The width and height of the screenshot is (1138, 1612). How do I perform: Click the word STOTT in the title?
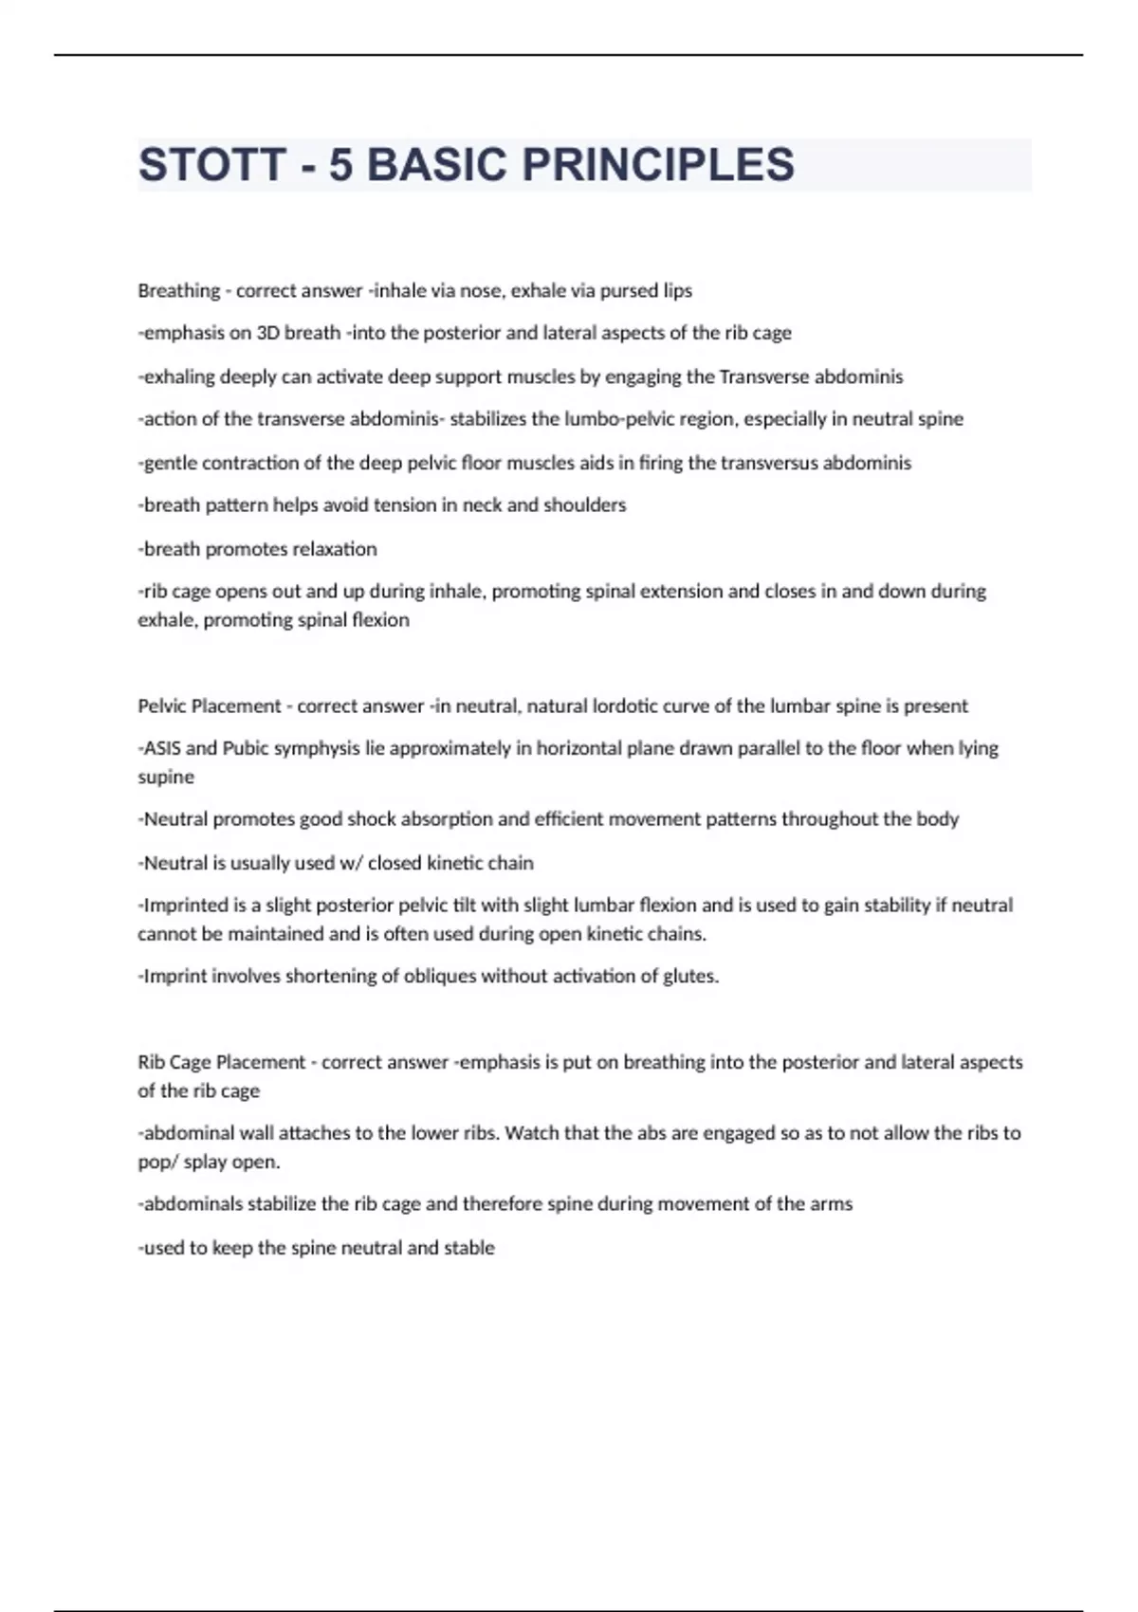click(211, 165)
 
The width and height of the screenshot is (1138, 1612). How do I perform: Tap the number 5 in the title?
click(340, 165)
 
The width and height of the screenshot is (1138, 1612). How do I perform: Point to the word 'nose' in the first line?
click(484, 291)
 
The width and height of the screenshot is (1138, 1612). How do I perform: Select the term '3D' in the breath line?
click(269, 333)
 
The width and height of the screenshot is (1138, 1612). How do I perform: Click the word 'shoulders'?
click(584, 505)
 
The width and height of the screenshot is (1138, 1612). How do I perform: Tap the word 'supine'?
click(166, 777)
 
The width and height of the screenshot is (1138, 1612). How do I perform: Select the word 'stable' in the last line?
click(469, 1248)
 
